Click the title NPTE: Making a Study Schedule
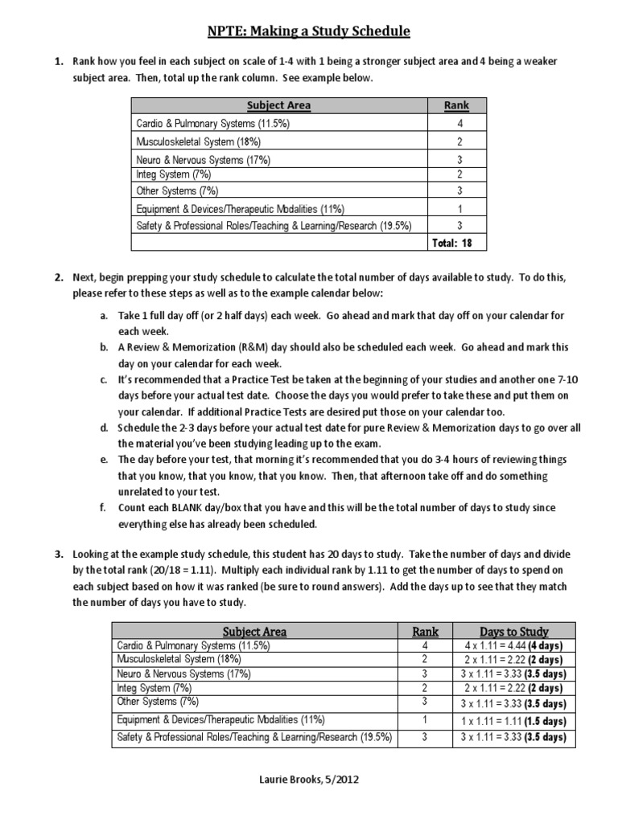point(309,31)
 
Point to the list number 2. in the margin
point(59,278)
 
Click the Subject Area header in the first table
point(278,105)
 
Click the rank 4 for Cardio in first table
point(459,124)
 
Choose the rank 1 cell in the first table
point(459,208)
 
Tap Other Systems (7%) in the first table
point(177,191)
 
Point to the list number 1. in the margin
point(59,61)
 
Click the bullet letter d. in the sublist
point(104,428)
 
